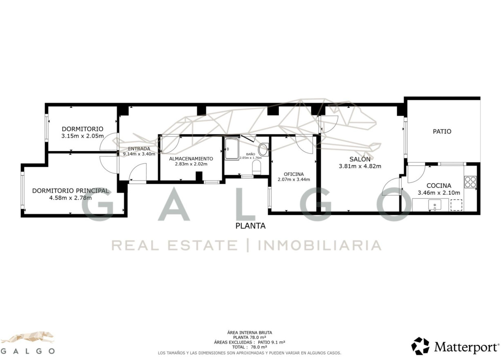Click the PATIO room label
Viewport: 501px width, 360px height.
pos(442,132)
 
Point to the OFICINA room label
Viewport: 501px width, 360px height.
pos(294,174)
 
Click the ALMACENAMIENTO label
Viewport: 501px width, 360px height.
pos(191,159)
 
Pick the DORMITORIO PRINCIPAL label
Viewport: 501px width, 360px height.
pos(71,191)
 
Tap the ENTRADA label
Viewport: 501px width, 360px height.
pos(139,149)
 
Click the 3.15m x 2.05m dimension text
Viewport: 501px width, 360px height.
pos(83,136)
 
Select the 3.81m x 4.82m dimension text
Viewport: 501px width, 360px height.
pos(360,166)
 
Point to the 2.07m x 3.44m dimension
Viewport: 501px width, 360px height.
pos(294,180)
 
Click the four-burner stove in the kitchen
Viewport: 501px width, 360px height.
pos(470,182)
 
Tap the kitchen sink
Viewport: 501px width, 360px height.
pos(435,205)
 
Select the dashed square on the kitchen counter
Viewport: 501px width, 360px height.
pos(456,205)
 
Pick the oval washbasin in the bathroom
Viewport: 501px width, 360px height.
pos(263,149)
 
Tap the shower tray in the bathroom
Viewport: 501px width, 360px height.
pos(232,149)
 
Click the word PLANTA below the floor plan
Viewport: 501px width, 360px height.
pos(250,226)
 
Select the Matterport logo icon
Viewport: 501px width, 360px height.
pos(421,346)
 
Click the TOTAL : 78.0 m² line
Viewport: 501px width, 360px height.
pos(249,347)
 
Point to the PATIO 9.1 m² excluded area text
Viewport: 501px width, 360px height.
pos(272,342)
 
